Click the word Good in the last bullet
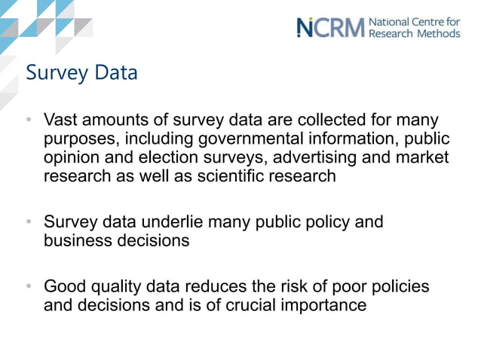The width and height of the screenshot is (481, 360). click(x=63, y=287)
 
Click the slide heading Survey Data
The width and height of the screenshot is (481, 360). click(x=81, y=73)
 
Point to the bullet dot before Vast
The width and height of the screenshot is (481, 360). click(x=28, y=121)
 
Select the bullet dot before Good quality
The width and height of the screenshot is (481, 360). click(x=28, y=287)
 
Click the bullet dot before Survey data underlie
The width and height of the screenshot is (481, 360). click(x=28, y=222)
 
